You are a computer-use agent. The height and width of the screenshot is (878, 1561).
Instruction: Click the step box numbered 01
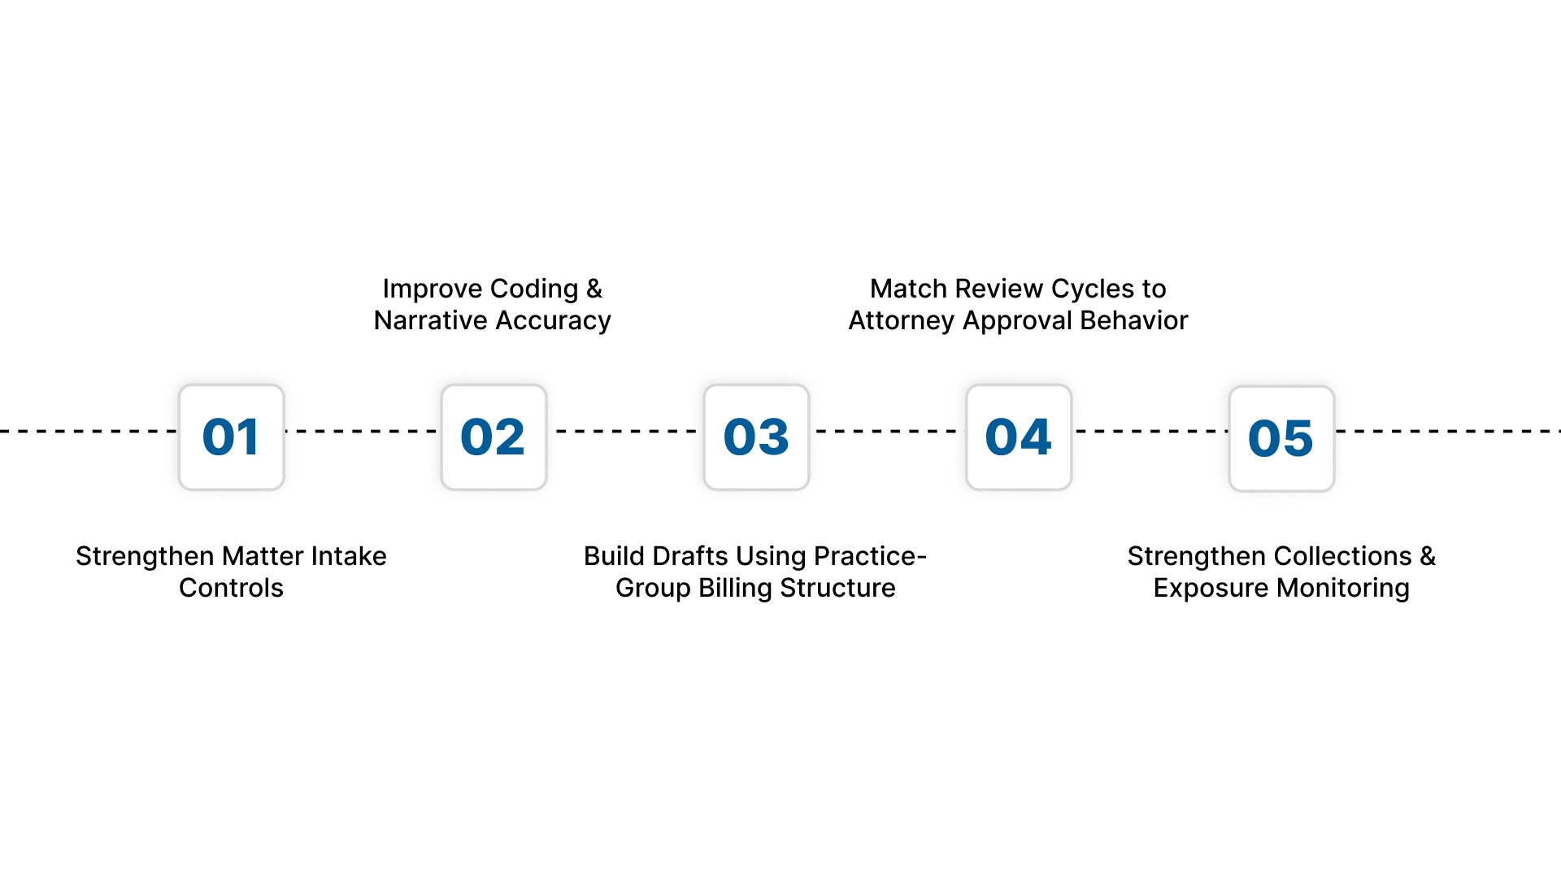232,437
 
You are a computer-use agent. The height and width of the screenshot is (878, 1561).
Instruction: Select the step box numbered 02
494,437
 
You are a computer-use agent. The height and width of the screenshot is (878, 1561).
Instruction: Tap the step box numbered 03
756,437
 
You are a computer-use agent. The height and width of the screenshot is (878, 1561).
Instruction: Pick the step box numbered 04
1019,437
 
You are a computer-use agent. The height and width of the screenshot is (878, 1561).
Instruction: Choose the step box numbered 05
1281,439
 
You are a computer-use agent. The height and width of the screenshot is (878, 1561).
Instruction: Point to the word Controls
231,588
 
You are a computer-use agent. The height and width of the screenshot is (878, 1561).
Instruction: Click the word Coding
534,289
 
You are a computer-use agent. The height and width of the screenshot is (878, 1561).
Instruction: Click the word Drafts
690,556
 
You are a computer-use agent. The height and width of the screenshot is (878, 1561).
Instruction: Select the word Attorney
901,321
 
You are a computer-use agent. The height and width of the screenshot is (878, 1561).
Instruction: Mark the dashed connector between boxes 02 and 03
625,431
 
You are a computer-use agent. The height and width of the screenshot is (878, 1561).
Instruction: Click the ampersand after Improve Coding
594,289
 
